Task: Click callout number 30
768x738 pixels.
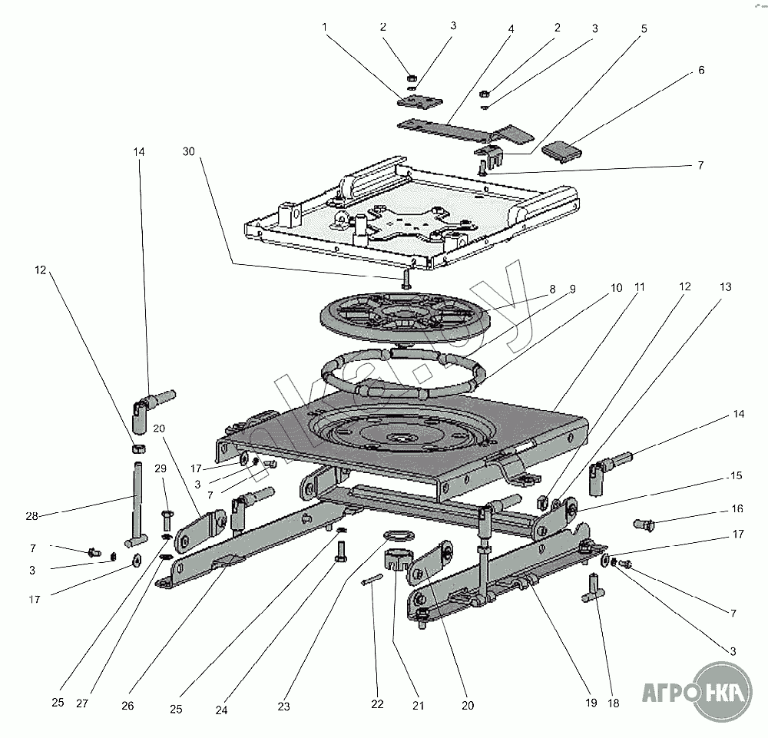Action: (188, 153)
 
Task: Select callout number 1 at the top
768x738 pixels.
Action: (325, 26)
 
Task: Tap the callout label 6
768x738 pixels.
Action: (700, 70)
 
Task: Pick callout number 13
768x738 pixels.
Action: (726, 287)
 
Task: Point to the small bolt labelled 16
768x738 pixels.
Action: (644, 525)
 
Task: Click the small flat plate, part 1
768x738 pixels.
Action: (420, 101)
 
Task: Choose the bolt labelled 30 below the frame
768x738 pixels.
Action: (406, 278)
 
